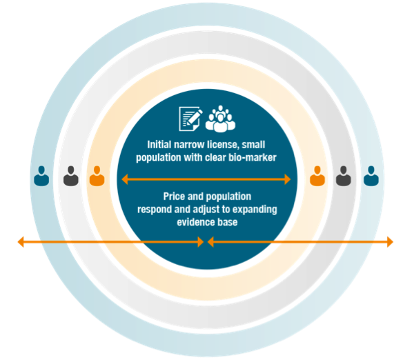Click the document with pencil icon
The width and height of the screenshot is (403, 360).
[190, 119]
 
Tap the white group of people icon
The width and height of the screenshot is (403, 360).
[220, 119]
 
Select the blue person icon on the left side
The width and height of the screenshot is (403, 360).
[41, 176]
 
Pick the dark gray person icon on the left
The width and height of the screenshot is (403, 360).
[71, 176]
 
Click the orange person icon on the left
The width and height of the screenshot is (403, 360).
[97, 176]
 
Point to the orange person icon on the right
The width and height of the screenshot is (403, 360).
[317, 176]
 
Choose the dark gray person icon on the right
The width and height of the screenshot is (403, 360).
[344, 176]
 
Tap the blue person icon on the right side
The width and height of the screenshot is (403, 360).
[371, 176]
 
